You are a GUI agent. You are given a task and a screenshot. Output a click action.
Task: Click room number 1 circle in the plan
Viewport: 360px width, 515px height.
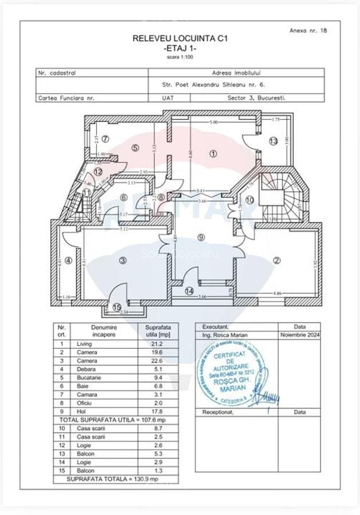(213, 153)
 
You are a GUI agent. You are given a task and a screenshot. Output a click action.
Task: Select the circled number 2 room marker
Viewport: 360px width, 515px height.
(277, 260)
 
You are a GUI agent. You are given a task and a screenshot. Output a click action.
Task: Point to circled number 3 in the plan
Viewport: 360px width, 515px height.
(122, 260)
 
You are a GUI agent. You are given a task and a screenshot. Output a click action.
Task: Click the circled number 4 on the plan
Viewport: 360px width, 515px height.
(68, 260)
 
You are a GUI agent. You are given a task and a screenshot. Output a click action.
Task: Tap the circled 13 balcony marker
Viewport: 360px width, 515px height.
(274, 141)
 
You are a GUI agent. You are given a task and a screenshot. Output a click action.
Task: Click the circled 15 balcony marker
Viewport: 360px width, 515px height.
(117, 307)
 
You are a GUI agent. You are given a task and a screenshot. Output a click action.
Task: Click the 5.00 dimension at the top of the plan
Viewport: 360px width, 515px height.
(213, 123)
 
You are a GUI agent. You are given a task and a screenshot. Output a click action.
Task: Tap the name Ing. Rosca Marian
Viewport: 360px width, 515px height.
(224, 335)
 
